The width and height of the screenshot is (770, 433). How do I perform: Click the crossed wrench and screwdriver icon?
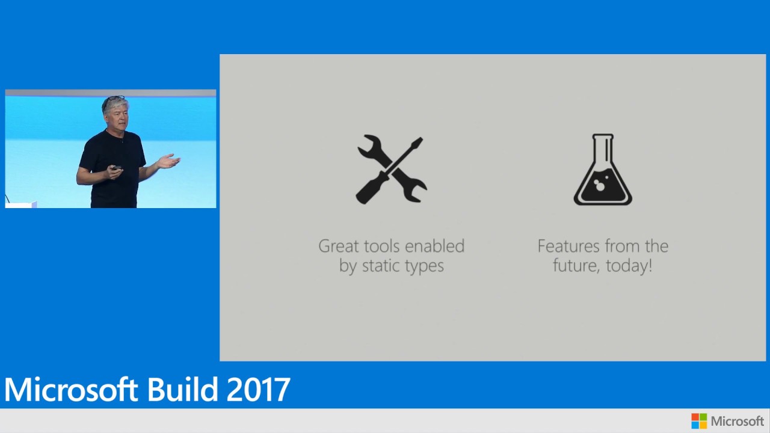pyautogui.click(x=391, y=170)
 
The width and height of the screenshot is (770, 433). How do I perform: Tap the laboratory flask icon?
pyautogui.click(x=603, y=170)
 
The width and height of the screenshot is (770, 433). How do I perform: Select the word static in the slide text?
pyautogui.click(x=381, y=266)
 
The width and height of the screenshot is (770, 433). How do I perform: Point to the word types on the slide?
pyautogui.click(x=424, y=266)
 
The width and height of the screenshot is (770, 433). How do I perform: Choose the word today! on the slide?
pyautogui.click(x=629, y=266)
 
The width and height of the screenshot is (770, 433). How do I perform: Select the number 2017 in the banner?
pyautogui.click(x=258, y=389)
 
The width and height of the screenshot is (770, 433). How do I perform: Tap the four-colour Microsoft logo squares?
pyautogui.click(x=699, y=421)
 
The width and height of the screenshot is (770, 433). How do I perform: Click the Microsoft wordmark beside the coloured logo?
pyautogui.click(x=737, y=421)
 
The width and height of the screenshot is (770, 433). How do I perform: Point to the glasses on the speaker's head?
pyautogui.click(x=114, y=98)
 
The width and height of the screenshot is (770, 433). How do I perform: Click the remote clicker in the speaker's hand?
pyautogui.click(x=117, y=168)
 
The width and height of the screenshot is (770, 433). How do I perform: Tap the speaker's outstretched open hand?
pyautogui.click(x=168, y=161)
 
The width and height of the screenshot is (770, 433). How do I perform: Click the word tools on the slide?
pyautogui.click(x=377, y=246)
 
